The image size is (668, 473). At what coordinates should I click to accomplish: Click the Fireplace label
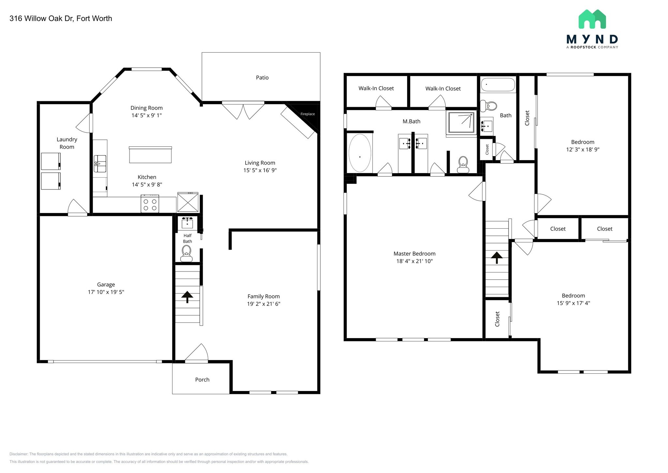click(308, 114)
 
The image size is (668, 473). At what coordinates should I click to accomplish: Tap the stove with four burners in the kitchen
click(150, 204)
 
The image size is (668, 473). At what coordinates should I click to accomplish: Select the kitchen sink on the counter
click(100, 164)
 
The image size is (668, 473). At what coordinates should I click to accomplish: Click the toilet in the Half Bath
click(187, 253)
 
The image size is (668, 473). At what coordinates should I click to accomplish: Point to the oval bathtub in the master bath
click(360, 153)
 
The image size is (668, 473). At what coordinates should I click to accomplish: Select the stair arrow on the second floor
click(497, 257)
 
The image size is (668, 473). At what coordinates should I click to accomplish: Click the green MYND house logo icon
click(592, 19)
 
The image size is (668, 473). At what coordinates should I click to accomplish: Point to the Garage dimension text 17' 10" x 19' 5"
click(106, 292)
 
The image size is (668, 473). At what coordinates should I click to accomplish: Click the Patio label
click(262, 77)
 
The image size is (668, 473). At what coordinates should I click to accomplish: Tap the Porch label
click(202, 380)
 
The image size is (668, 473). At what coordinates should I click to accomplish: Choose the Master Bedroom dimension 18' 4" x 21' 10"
click(415, 261)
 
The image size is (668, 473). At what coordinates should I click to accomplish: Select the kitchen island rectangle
click(150, 155)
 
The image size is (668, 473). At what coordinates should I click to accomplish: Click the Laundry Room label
click(67, 143)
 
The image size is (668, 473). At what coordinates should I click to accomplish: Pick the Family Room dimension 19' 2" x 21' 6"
click(264, 304)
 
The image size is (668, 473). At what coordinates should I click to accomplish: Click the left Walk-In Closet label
click(376, 88)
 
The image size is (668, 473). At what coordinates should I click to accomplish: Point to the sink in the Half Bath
click(188, 223)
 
